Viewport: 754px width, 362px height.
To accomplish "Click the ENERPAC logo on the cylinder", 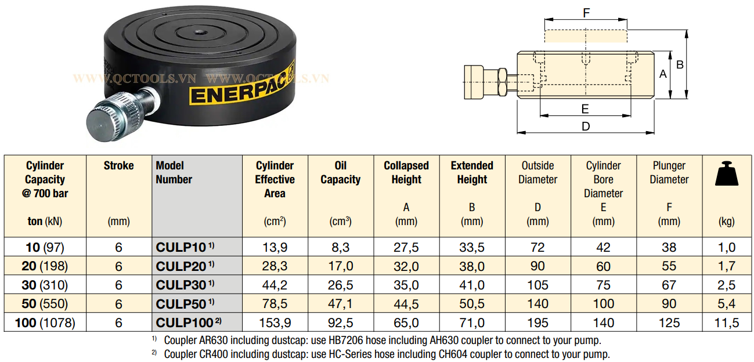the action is pos(241,86).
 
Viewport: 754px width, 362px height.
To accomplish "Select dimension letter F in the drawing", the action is pos(586,13).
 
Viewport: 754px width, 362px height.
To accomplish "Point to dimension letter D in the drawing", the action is pos(586,126).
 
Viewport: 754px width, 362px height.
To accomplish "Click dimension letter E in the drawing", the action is pos(585,108).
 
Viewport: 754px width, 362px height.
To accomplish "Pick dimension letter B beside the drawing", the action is pos(680,64).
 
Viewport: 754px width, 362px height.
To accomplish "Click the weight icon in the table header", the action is pos(726,173).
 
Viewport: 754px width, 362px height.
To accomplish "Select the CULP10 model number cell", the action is pos(197,247).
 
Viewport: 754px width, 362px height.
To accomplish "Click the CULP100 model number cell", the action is pos(197,323).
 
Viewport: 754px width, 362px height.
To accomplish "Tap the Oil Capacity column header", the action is pos(340,172).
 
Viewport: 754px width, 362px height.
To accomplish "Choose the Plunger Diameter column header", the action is pos(669,172).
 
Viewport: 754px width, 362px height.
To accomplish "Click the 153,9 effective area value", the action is pos(275,323).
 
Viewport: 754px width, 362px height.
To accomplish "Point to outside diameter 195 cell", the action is pos(537,323).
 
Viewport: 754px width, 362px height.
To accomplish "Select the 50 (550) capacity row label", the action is pos(45,303).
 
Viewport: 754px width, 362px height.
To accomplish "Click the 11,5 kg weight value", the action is pos(726,323).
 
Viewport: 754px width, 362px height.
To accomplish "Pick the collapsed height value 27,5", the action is pos(406,247).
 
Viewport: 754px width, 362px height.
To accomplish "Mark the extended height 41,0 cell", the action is pos(472,285).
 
